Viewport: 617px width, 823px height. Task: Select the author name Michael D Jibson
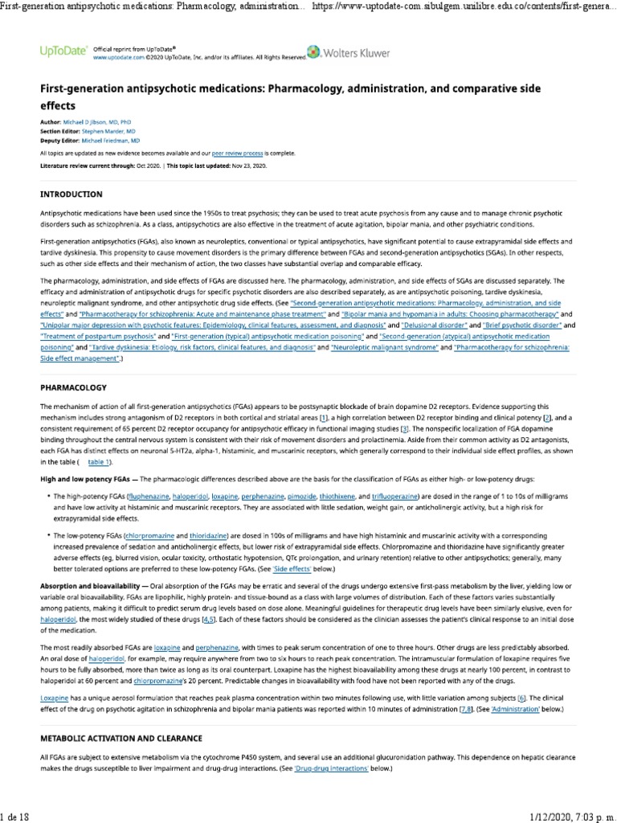coord(91,121)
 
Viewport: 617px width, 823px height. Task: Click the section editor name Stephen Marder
coord(108,129)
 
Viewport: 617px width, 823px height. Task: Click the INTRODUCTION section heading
coord(72,194)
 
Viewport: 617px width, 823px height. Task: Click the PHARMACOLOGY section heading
coord(75,387)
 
